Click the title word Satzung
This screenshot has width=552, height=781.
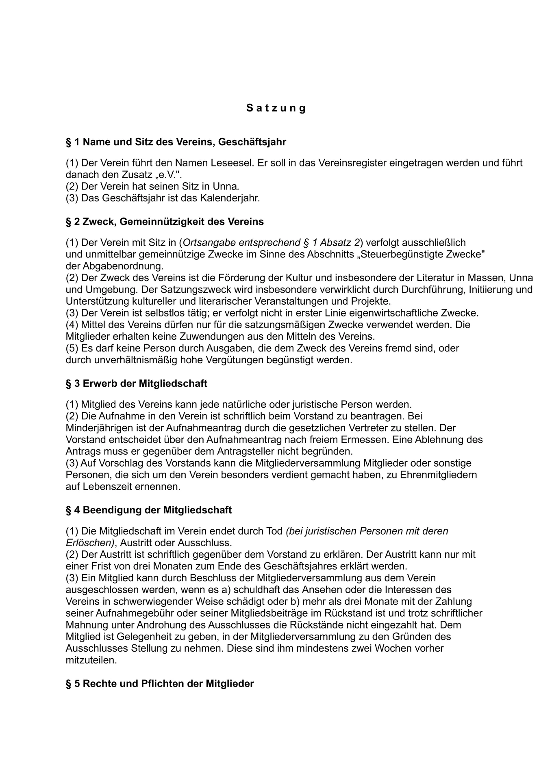(x=276, y=108)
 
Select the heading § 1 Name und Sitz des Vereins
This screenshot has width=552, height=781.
(x=176, y=142)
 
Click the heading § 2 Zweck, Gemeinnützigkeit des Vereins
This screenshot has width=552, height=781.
(x=165, y=222)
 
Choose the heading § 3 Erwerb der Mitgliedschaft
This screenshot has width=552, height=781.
(x=137, y=383)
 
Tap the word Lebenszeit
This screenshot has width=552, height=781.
(x=108, y=486)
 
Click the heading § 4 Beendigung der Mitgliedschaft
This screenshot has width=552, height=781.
(x=149, y=510)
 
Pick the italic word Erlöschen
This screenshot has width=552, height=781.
(x=90, y=543)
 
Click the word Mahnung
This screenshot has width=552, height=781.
(x=85, y=624)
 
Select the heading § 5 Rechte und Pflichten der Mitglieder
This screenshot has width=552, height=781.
(x=160, y=683)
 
